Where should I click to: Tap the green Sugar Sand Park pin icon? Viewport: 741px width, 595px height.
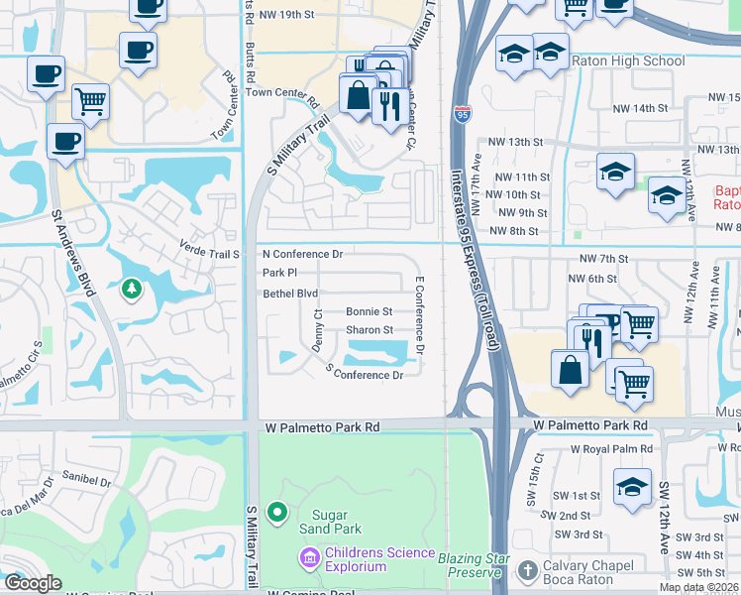[x=277, y=512]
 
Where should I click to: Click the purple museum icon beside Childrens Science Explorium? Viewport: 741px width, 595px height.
[x=310, y=559]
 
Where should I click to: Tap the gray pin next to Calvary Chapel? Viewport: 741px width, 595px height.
[x=524, y=570]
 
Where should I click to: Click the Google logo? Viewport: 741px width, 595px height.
[x=33, y=583]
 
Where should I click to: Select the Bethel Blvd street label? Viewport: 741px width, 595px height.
[x=290, y=294]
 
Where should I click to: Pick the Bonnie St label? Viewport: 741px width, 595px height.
[x=369, y=311]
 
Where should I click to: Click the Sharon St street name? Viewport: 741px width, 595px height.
[x=369, y=330]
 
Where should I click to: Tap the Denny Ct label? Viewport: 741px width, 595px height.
[x=317, y=326]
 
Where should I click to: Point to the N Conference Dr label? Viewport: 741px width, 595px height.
[x=302, y=254]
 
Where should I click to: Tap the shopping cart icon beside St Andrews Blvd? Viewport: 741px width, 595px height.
[x=89, y=101]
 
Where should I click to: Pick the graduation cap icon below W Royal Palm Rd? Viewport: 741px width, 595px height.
[x=632, y=488]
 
